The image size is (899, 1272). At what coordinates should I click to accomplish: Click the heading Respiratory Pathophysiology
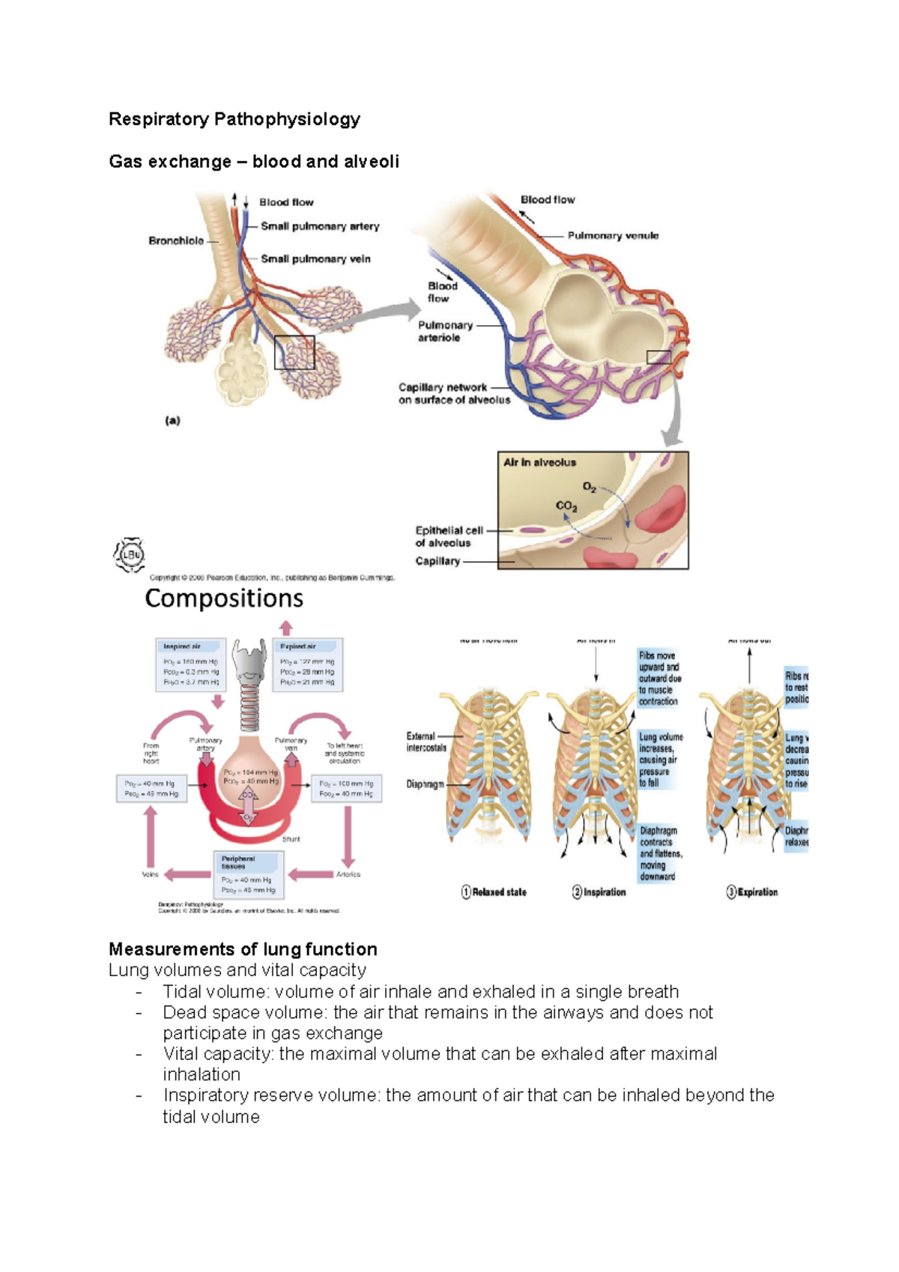[234, 119]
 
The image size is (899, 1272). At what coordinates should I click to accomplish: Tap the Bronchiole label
[176, 240]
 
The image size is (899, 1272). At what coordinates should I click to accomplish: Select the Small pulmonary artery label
[320, 226]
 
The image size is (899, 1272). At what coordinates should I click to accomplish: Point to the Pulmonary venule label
[613, 235]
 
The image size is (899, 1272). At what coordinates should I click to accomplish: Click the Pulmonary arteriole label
[445, 331]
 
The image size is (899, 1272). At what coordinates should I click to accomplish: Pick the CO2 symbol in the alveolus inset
[566, 506]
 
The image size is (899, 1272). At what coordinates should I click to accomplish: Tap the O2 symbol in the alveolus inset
[590, 488]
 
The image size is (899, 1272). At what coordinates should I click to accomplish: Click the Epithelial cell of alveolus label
[449, 536]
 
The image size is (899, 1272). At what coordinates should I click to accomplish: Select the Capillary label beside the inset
[438, 561]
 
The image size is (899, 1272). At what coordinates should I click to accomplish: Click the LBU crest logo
[130, 555]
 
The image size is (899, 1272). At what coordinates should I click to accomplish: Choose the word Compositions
[224, 599]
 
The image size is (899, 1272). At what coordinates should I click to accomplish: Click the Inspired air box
[191, 664]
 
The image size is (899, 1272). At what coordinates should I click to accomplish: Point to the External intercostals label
[426, 742]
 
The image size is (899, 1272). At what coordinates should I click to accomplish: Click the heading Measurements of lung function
[243, 949]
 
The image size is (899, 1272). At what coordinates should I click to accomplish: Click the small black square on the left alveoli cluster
[294, 353]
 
